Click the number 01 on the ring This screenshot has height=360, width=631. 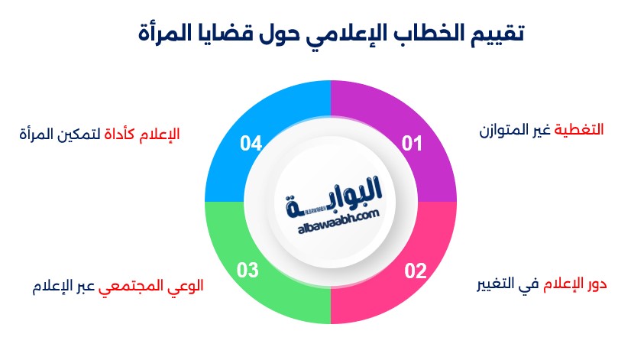tap(412, 144)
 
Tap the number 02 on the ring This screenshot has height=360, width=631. tap(416, 271)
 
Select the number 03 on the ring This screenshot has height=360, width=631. tap(247, 271)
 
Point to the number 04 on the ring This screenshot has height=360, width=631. tap(251, 144)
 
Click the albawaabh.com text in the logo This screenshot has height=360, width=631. tap(338, 222)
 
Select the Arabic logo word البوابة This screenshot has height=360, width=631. tap(334, 196)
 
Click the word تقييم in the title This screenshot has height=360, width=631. tap(498, 33)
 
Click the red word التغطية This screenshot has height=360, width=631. tap(579, 130)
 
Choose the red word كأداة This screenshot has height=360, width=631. tap(119, 134)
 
